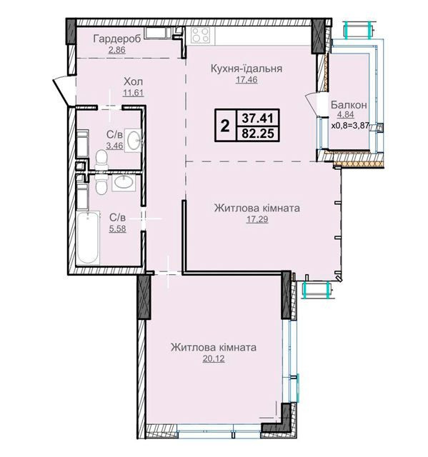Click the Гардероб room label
[x=116, y=39]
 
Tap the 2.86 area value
[x=116, y=50]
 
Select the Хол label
[x=133, y=81]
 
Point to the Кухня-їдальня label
[x=247, y=69]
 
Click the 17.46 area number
[x=247, y=79]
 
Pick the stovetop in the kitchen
[x=201, y=36]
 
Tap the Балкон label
[x=349, y=105]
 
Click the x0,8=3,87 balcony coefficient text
[x=350, y=126]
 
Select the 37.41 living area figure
[x=258, y=119]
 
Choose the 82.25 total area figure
[x=258, y=134]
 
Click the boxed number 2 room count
[x=225, y=126]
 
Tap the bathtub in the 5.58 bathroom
[x=88, y=238]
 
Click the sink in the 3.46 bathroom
[x=133, y=140]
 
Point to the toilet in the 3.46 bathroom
[x=101, y=160]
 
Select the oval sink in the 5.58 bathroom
[x=124, y=183]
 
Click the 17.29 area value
[x=257, y=219]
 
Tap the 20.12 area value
[x=214, y=358]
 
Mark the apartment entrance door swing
[x=63, y=89]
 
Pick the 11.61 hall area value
[x=134, y=93]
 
